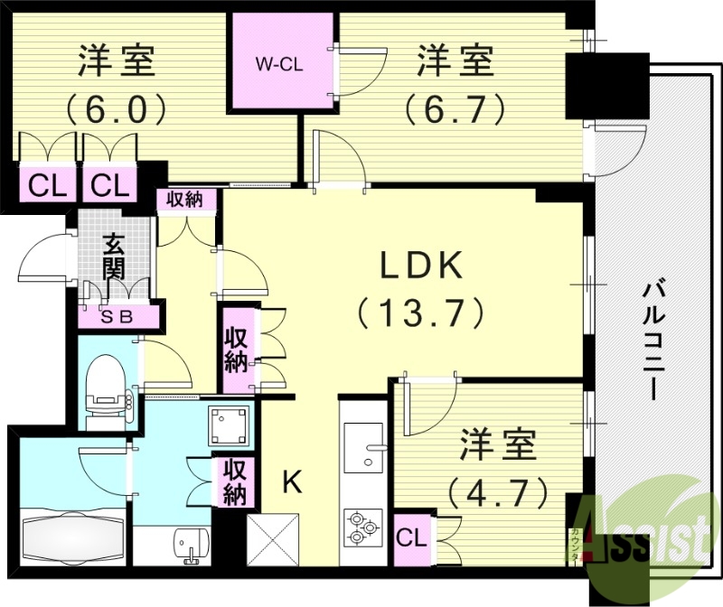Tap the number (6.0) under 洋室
click(x=115, y=110)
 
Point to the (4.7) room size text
click(x=499, y=491)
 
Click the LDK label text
click(x=420, y=268)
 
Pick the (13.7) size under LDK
click(x=420, y=313)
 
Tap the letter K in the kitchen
click(x=291, y=483)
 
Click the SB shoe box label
click(x=118, y=316)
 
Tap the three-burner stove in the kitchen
click(x=363, y=528)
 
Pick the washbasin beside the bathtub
click(x=188, y=545)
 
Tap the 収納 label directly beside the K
click(x=235, y=482)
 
